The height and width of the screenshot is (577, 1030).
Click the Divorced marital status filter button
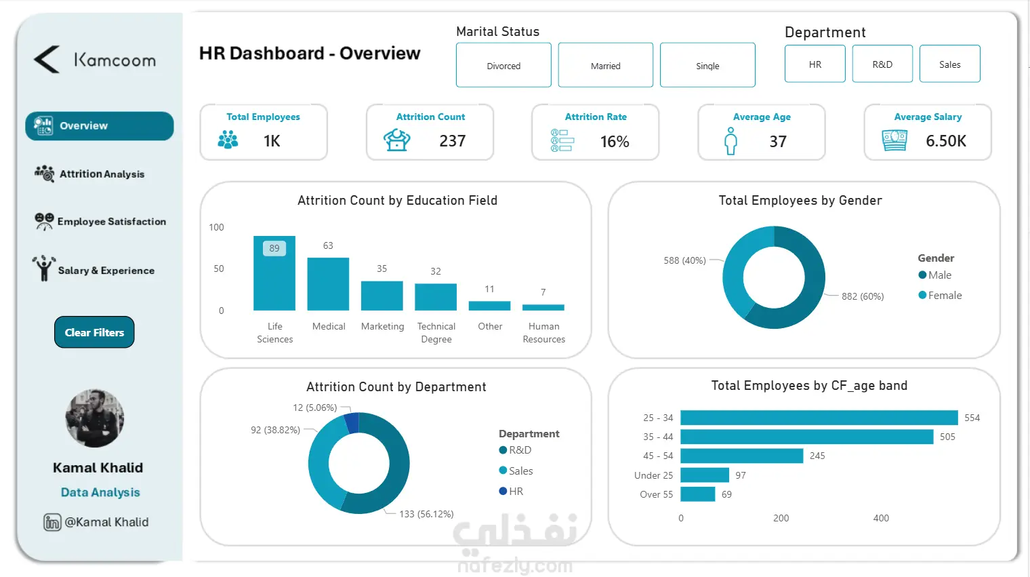[x=503, y=65]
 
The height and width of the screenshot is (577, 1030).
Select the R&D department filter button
[x=882, y=64]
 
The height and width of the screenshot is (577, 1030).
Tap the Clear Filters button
[x=94, y=332]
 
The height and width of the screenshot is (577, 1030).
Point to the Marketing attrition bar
[x=382, y=296]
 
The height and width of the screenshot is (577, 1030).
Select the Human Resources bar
[x=543, y=307]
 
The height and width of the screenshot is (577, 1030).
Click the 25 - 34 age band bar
[x=819, y=418]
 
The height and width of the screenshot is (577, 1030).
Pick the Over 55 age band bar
[x=698, y=494]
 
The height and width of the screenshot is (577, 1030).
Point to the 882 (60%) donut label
[x=863, y=296]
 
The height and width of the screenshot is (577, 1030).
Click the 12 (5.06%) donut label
[x=314, y=407]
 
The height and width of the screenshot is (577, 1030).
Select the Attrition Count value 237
[x=453, y=141]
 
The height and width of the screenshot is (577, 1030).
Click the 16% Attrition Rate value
[x=615, y=142]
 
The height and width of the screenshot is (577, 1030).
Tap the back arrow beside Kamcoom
[x=47, y=60]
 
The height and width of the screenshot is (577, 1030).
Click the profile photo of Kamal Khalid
[x=95, y=418]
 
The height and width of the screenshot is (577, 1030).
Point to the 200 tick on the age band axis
[x=781, y=518]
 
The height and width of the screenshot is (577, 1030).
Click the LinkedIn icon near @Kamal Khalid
[x=52, y=522]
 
